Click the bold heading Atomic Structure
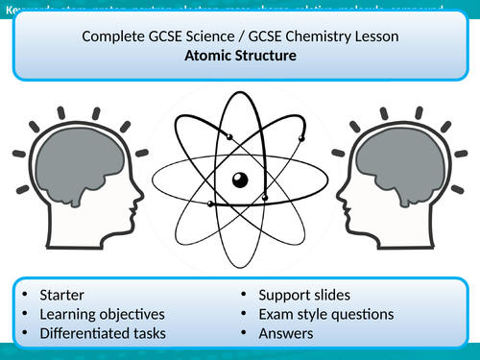pos(240,57)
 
